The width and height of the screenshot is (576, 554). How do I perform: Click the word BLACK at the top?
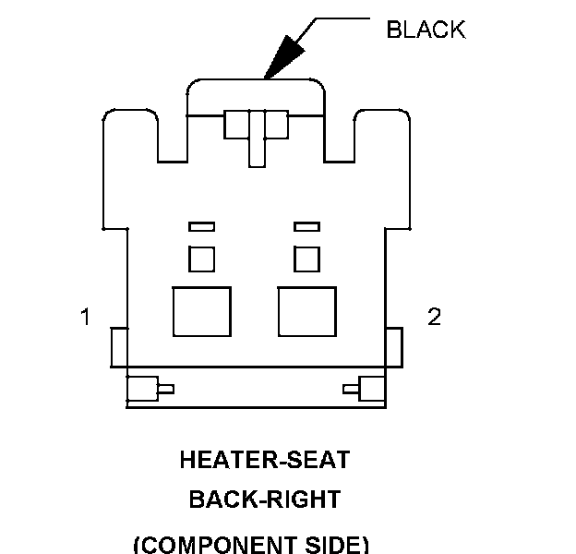[x=426, y=30]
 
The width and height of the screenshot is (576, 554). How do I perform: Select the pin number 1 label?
[x=85, y=318]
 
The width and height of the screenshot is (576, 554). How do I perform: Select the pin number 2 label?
[x=434, y=317]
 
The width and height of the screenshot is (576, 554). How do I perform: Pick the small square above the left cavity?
[x=201, y=259]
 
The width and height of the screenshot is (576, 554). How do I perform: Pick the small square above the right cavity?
[x=306, y=259]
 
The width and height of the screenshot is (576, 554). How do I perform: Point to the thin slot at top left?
[x=201, y=226]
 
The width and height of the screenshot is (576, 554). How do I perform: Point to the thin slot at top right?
[x=306, y=226]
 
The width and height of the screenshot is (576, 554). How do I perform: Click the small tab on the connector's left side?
[x=118, y=346]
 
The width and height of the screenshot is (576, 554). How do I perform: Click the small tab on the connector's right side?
[x=393, y=346]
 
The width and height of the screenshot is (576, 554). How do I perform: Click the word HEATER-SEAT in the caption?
[x=265, y=459]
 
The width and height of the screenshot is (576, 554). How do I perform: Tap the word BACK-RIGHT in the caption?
[x=265, y=500]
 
